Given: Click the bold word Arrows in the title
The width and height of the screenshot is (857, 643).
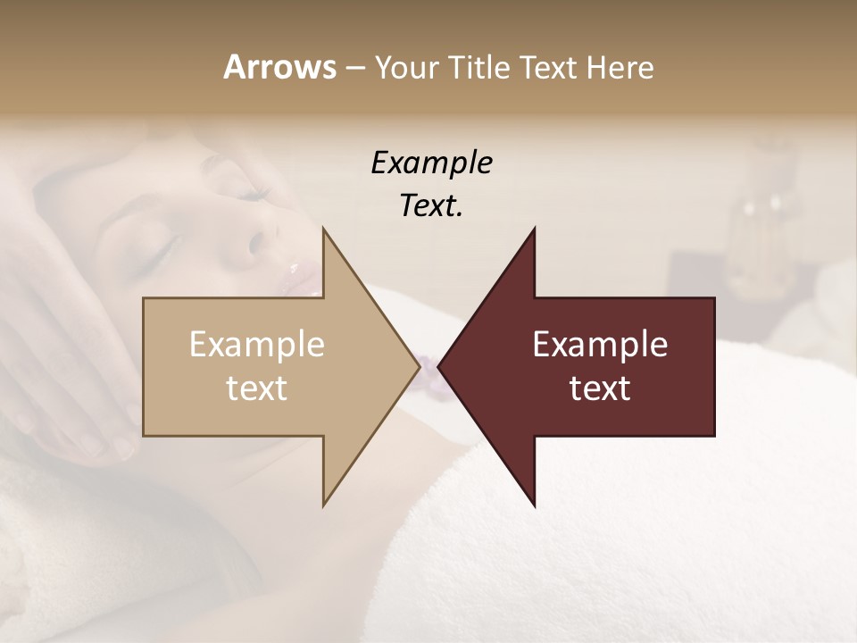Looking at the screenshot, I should click(x=279, y=67).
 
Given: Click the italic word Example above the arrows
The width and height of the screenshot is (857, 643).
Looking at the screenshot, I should click(x=431, y=163).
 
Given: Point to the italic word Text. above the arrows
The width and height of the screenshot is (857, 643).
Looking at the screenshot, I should click(x=431, y=206).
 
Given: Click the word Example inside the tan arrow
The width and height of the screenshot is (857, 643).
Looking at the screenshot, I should click(x=256, y=345).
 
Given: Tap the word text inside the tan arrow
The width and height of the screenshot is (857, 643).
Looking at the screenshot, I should click(x=256, y=388).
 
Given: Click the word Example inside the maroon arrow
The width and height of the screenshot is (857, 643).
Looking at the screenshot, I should click(x=600, y=345).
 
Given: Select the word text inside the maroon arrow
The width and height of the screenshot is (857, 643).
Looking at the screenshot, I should click(x=600, y=388).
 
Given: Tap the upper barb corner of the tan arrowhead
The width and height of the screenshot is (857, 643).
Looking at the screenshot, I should click(x=324, y=230).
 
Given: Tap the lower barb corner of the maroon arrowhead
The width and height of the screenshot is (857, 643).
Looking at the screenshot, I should click(x=534, y=505).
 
